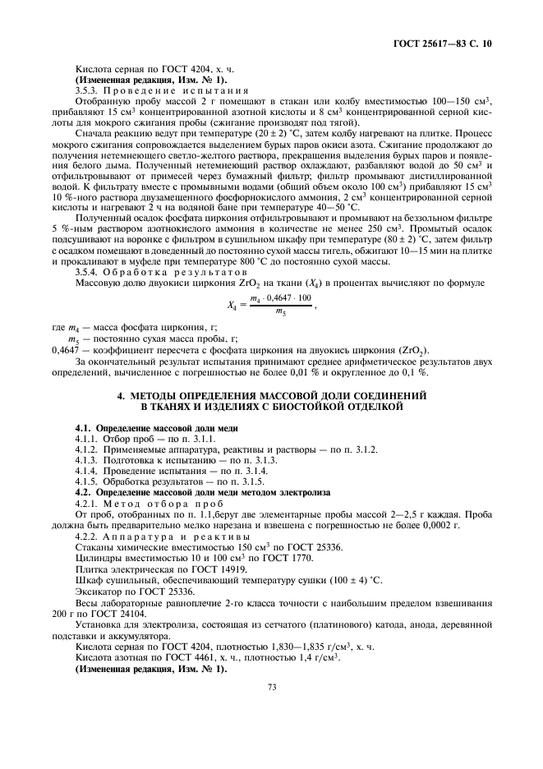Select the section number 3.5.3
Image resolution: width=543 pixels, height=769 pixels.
pyautogui.click(x=89, y=89)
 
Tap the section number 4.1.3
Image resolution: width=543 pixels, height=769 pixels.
pyautogui.click(x=87, y=461)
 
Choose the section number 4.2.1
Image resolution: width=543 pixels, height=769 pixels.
pyautogui.click(x=87, y=504)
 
